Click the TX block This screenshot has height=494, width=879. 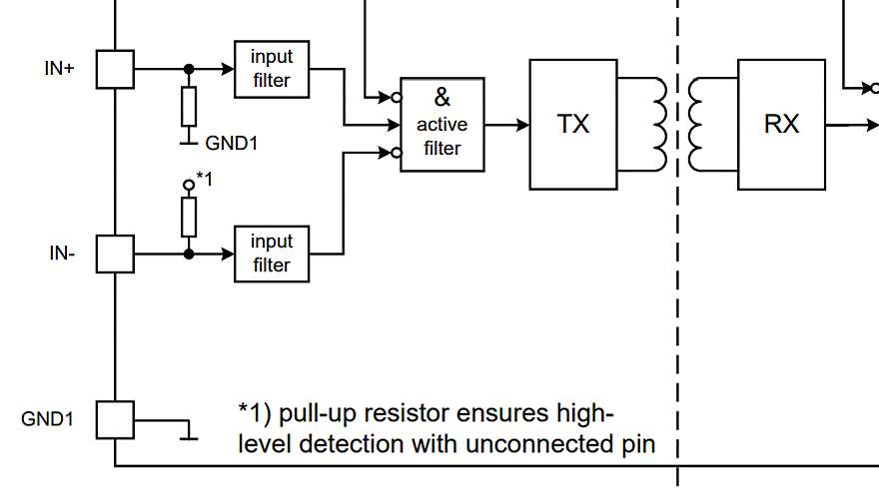point(573,125)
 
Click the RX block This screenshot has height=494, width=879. point(781,125)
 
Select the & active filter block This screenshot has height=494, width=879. point(441,124)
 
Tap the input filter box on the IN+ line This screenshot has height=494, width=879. point(271,69)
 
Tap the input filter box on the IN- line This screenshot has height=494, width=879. point(271,253)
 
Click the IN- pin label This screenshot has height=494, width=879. point(62,253)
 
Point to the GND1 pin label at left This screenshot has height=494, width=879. point(47,419)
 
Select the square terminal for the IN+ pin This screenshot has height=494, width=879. point(116,70)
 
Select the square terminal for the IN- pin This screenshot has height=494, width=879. point(116,253)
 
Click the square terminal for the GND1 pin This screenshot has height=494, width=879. point(116,419)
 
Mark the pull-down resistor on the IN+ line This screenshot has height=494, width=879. point(189,106)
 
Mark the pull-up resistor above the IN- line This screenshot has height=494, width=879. point(189,217)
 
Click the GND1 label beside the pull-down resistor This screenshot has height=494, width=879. point(232,143)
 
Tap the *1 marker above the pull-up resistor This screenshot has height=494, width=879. point(204,179)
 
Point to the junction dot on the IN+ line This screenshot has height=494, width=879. point(189,70)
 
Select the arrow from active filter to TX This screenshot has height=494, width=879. point(506,125)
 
